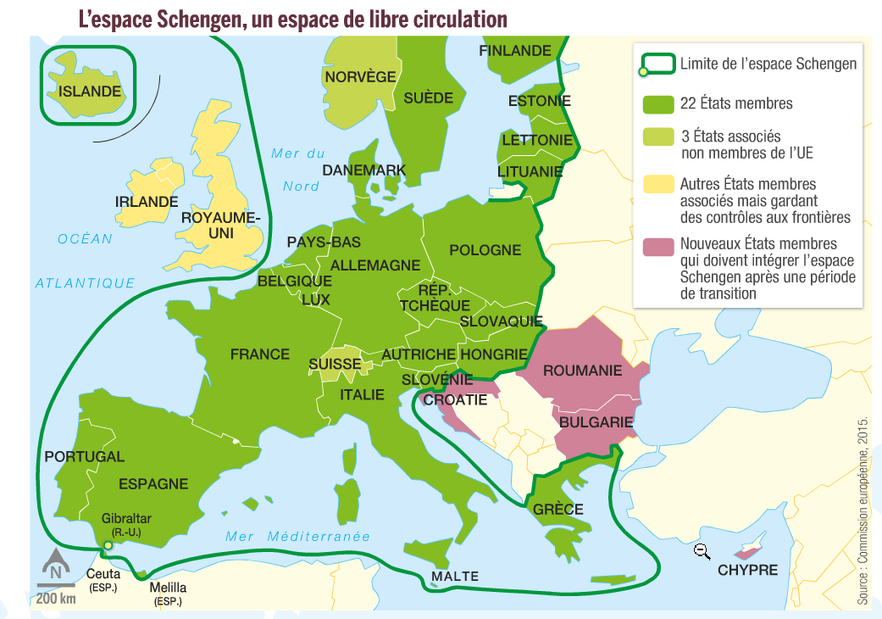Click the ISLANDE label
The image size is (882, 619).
(x=90, y=91)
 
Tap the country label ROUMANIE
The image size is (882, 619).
(x=582, y=371)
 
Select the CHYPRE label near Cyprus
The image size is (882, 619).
(x=747, y=570)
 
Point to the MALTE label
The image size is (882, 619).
(x=455, y=577)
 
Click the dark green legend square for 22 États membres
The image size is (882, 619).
(x=657, y=103)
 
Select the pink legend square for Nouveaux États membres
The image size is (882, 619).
(x=657, y=248)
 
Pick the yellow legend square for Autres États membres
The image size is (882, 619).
(x=657, y=184)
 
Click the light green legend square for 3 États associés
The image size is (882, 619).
(x=657, y=137)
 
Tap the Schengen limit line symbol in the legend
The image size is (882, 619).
(x=657, y=64)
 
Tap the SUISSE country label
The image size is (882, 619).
(x=335, y=365)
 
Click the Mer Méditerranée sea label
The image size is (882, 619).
(x=297, y=536)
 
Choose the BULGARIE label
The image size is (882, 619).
(x=597, y=421)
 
